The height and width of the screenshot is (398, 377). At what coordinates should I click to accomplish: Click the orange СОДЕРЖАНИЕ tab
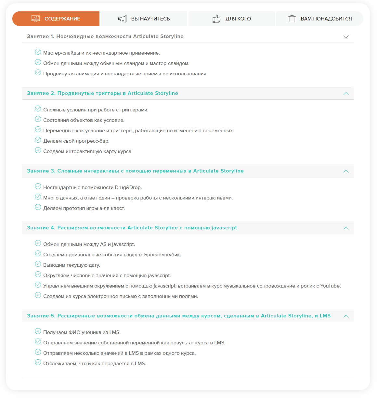(x=56, y=19)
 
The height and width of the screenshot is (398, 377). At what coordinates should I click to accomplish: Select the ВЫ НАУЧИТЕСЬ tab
(x=144, y=19)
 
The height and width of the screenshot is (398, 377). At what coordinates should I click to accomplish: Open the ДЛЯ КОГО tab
(x=232, y=19)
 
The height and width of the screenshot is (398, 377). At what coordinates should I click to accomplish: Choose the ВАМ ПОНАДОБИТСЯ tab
(x=320, y=19)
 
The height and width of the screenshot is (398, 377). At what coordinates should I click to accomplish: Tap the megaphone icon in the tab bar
(x=122, y=19)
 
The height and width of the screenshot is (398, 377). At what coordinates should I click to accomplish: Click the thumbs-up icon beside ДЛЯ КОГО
(x=216, y=19)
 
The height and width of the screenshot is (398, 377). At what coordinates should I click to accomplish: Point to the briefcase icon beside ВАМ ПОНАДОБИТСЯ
(x=292, y=19)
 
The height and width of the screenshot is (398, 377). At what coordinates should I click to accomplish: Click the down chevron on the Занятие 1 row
(x=346, y=37)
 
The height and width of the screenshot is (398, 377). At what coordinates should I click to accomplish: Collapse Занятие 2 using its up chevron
(x=346, y=94)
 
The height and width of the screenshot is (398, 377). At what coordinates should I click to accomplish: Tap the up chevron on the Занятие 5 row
(x=346, y=316)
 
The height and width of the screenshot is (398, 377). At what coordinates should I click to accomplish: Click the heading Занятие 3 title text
(x=135, y=171)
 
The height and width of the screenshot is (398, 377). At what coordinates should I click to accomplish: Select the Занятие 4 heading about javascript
(x=132, y=228)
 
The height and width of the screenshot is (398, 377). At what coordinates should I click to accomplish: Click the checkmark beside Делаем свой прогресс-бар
(x=38, y=140)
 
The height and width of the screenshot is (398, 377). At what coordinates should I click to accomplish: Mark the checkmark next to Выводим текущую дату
(x=38, y=264)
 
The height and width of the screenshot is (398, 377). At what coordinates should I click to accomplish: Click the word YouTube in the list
(x=330, y=286)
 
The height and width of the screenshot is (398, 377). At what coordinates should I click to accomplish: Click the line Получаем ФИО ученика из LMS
(x=82, y=332)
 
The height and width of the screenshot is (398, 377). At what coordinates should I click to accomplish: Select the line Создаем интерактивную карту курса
(x=88, y=151)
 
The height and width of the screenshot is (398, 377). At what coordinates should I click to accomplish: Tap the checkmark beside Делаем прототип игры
(x=38, y=207)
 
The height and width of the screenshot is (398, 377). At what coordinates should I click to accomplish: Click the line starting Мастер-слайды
(x=101, y=53)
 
